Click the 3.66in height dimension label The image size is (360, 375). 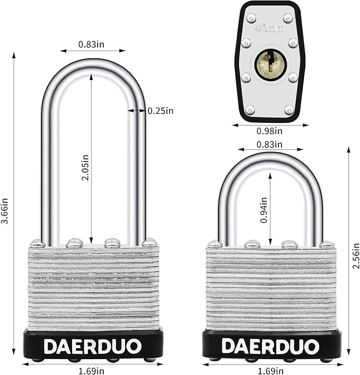click(5, 211)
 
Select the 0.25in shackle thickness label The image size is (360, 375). click(161, 111)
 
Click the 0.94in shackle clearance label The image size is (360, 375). click(264, 209)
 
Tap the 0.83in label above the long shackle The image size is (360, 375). click(91, 44)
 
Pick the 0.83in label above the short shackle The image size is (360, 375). click(269, 144)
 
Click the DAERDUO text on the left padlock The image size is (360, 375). click(93, 346)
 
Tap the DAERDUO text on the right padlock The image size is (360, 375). click(271, 346)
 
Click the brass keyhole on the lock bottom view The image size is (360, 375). click(270, 64)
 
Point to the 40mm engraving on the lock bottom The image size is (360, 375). click(269, 28)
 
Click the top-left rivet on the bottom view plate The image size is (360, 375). click(251, 17)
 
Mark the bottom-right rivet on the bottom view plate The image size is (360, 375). click(289, 110)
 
